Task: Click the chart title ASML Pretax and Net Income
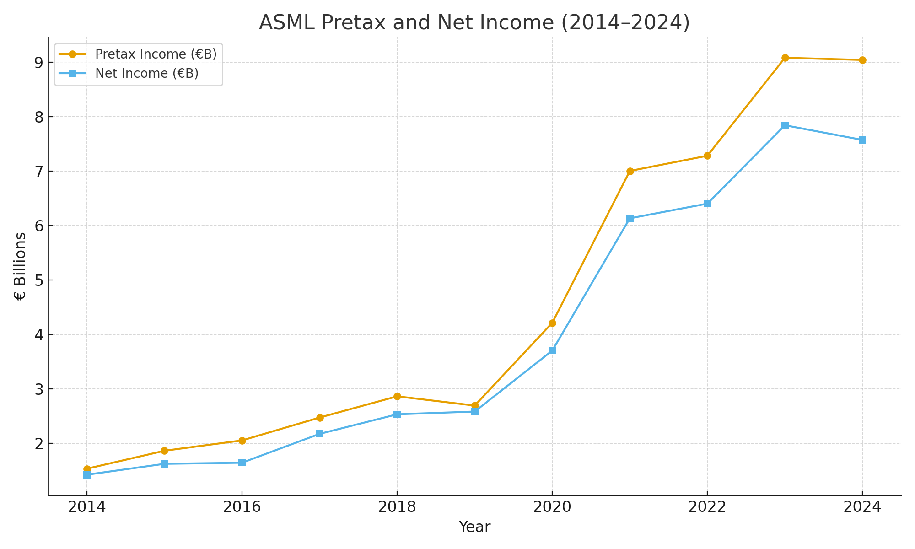[474, 22]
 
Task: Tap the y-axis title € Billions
[20, 266]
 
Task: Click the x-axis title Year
[474, 527]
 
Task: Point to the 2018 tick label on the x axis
[397, 507]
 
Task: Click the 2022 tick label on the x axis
[707, 507]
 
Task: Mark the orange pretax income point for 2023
[785, 58]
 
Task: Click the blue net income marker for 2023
[785, 125]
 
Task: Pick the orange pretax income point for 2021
[630, 171]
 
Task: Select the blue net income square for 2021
[630, 218]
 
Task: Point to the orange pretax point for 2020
[552, 323]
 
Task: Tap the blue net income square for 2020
[552, 350]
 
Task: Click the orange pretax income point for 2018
[397, 396]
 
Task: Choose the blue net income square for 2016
[242, 463]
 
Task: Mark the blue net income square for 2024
[862, 140]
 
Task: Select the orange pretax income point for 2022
[707, 156]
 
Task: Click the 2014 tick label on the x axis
[87, 507]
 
